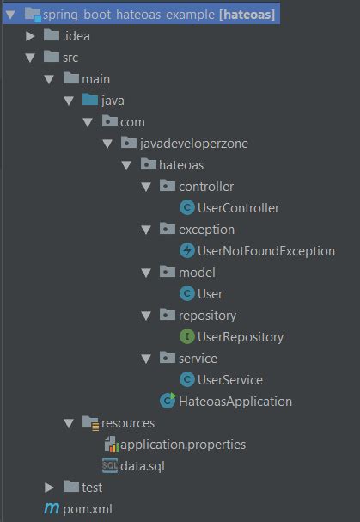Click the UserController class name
(238, 208)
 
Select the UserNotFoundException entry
(266, 251)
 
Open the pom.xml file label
(88, 509)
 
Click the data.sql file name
(143, 466)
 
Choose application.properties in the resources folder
(183, 445)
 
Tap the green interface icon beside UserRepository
(187, 336)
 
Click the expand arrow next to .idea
(30, 36)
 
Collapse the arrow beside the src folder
(30, 58)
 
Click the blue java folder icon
(90, 100)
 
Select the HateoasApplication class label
(235, 402)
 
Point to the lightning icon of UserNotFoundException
(187, 250)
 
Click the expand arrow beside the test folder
(49, 488)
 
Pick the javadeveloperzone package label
(193, 144)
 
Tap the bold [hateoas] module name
(247, 15)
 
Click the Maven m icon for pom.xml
(52, 508)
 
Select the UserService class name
(230, 380)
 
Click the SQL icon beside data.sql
(110, 465)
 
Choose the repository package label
(207, 316)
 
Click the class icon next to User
(187, 293)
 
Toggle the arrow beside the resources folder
(69, 423)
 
